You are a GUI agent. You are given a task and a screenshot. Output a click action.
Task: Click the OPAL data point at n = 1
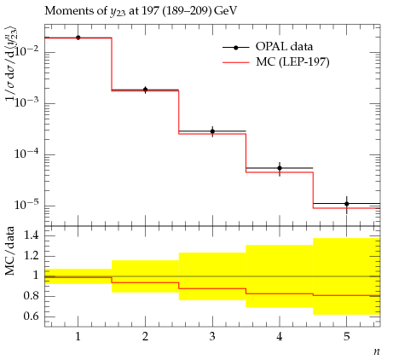(x=78, y=38)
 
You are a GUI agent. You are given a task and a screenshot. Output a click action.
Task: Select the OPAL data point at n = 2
(x=145, y=90)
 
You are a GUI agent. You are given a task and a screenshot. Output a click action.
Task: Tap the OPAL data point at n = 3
(x=212, y=131)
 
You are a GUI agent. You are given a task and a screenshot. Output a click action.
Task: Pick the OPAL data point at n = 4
(x=280, y=168)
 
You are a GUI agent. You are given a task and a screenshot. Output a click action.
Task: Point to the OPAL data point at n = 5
(x=347, y=204)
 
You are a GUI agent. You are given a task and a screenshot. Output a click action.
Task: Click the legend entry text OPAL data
(x=284, y=47)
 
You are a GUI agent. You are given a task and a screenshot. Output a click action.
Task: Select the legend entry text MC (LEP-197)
(x=292, y=61)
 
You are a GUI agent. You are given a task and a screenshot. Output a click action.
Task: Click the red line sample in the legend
(x=236, y=62)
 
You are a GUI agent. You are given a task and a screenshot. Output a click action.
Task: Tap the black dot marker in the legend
(x=235, y=48)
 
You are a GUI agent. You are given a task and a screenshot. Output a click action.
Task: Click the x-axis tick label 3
(x=212, y=337)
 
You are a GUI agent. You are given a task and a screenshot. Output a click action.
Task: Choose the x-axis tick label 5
(x=346, y=337)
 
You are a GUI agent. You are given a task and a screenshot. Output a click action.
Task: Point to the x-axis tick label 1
(x=78, y=337)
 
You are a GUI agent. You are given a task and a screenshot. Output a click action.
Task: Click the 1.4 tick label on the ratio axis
(x=32, y=235)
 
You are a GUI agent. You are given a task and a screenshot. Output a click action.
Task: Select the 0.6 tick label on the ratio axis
(x=32, y=316)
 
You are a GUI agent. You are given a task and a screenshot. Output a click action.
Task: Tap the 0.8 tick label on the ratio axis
(x=32, y=296)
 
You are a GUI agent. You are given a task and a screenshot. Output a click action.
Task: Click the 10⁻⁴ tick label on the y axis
(x=26, y=154)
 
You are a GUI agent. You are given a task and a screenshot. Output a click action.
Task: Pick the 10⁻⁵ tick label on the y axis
(x=26, y=205)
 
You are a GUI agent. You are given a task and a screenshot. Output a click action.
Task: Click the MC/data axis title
(x=10, y=251)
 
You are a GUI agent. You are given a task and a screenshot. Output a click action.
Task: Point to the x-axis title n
(x=377, y=351)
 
